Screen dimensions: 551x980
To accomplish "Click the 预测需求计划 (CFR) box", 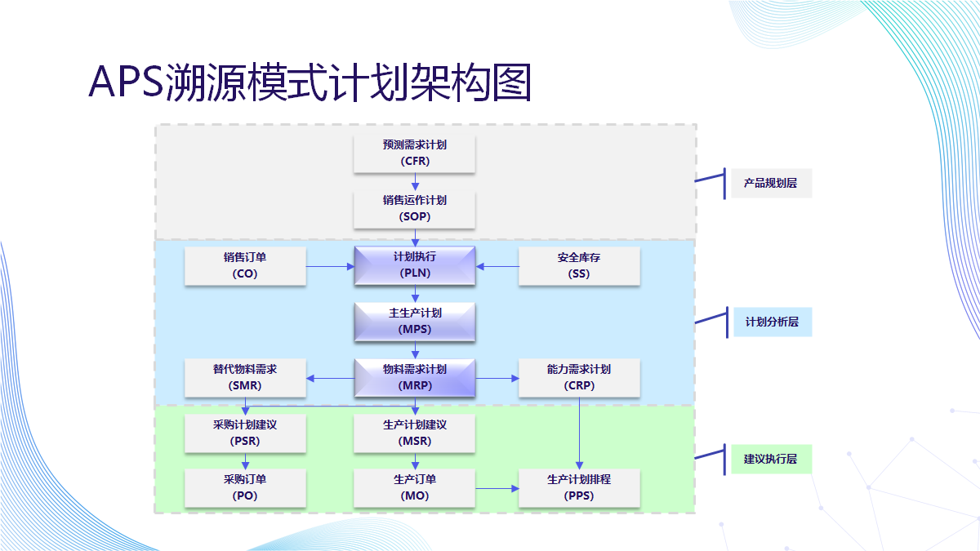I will pyautogui.click(x=415, y=153).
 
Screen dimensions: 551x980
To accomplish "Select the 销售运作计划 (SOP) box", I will pyautogui.click(x=415, y=209).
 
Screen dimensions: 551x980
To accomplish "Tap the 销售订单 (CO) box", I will pyautogui.click(x=245, y=266).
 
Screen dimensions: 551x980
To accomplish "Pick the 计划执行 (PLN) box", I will pyautogui.click(x=415, y=266).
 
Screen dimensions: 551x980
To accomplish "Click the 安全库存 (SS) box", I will pyautogui.click(x=579, y=266).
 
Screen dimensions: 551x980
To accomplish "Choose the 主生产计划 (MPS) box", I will pyautogui.click(x=415, y=322).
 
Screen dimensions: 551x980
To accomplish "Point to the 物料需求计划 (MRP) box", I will pyautogui.click(x=415, y=378).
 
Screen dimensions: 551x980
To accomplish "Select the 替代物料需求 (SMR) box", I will pyautogui.click(x=245, y=378).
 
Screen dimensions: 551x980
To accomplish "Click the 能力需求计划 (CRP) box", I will pyautogui.click(x=579, y=378).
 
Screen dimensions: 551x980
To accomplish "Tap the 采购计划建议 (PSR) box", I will pyautogui.click(x=245, y=433).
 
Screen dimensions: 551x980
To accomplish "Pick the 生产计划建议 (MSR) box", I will pyautogui.click(x=415, y=433).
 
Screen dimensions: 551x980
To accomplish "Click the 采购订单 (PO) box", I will pyautogui.click(x=245, y=488).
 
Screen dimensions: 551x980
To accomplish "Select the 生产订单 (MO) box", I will pyautogui.click(x=415, y=488).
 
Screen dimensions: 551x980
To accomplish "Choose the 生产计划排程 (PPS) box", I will pyautogui.click(x=579, y=488).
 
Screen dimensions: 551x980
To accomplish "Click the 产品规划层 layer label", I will pyautogui.click(x=770, y=184).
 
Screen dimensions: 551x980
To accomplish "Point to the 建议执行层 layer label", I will pyautogui.click(x=770, y=459).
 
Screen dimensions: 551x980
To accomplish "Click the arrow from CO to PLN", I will pyautogui.click(x=330, y=266).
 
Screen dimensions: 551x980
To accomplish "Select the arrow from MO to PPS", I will pyautogui.click(x=497, y=488).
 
